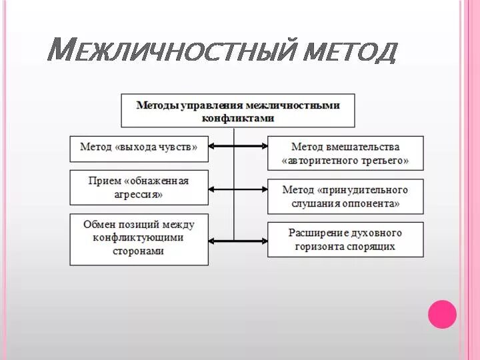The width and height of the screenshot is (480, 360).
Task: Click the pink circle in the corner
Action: [x=441, y=314]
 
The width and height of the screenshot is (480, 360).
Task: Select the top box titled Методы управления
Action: [x=238, y=111]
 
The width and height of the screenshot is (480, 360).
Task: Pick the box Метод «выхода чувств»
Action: [x=139, y=148]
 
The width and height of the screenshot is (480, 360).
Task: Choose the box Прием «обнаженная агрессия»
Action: [x=139, y=187]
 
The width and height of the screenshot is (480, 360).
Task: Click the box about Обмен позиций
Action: [x=139, y=239]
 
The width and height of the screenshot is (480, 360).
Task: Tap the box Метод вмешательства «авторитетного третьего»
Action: [x=345, y=153]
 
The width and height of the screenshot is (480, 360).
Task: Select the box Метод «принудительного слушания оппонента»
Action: [x=345, y=196]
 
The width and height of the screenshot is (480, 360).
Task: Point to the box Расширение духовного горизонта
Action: [x=345, y=239]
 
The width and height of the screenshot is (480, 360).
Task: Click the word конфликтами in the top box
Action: [x=238, y=118]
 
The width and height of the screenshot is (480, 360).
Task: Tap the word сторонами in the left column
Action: [x=139, y=251]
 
